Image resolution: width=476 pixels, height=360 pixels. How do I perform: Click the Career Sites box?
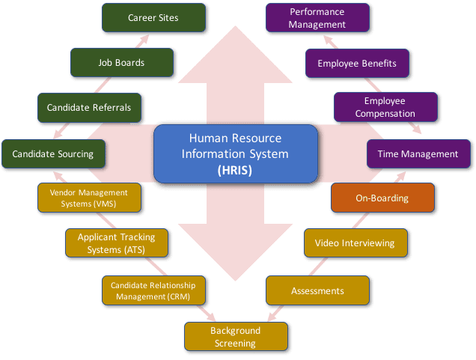point(153,18)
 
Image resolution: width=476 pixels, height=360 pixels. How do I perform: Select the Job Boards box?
point(120,63)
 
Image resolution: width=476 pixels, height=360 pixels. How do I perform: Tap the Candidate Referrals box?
point(89,108)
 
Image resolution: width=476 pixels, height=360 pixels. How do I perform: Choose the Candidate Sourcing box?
point(52,154)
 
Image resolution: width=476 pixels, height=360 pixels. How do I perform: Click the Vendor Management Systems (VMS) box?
point(88,198)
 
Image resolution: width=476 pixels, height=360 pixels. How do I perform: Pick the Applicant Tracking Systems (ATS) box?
point(116,243)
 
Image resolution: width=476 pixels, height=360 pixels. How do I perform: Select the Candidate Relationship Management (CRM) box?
point(153,290)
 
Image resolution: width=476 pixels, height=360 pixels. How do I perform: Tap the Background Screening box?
point(235,337)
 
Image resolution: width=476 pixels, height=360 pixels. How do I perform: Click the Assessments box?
point(317,290)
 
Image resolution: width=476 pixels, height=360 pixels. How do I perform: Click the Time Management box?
point(418,154)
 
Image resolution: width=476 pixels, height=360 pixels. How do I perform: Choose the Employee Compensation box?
point(385,108)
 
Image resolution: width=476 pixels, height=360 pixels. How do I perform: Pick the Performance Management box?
point(317,18)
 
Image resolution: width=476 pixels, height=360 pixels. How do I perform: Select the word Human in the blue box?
point(207,138)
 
